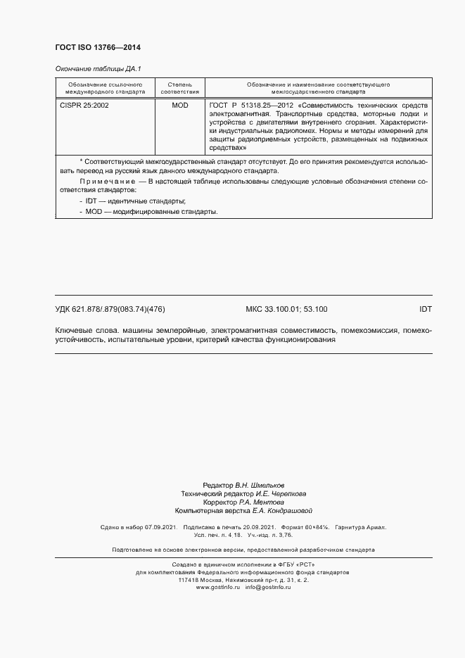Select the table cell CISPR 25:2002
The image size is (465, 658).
coord(79,105)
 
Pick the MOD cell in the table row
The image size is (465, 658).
coord(180,105)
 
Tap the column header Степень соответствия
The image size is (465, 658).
coord(180,87)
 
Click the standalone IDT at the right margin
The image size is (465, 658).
coord(425,309)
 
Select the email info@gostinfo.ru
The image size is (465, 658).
coord(268,587)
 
